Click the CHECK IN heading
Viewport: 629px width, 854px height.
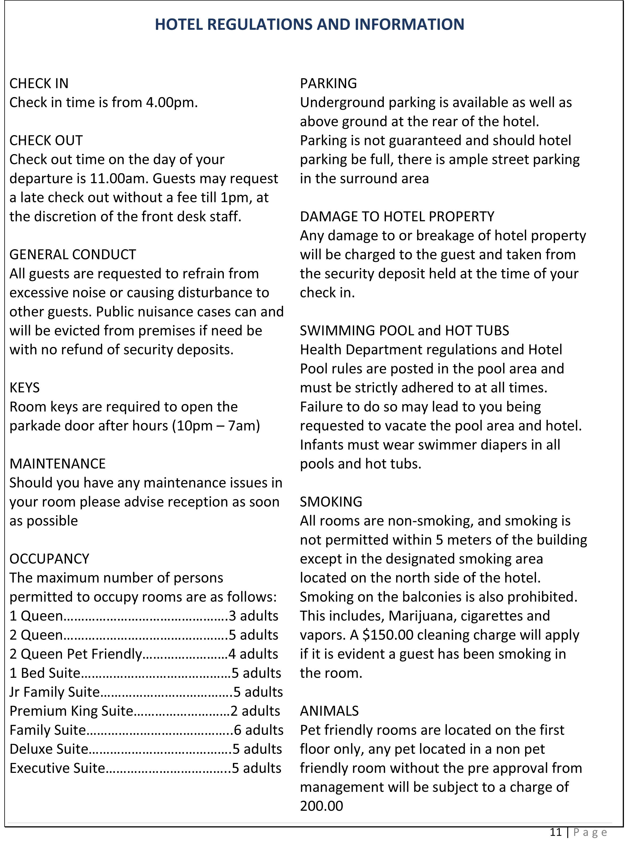coord(39,83)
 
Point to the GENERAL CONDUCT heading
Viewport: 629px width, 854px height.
coord(73,254)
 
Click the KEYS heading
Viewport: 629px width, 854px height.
coord(24,387)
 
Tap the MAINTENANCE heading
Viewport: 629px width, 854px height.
coord(57,464)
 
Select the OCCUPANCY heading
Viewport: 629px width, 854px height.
coord(49,559)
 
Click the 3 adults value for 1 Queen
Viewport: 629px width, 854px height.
coord(253,616)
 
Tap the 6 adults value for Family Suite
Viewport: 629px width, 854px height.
coord(259,730)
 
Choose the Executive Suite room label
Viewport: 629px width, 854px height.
coord(57,768)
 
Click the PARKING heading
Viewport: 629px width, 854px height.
coord(328,83)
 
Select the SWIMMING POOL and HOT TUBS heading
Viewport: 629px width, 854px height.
coord(404,330)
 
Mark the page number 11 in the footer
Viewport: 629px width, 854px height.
coord(556,832)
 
